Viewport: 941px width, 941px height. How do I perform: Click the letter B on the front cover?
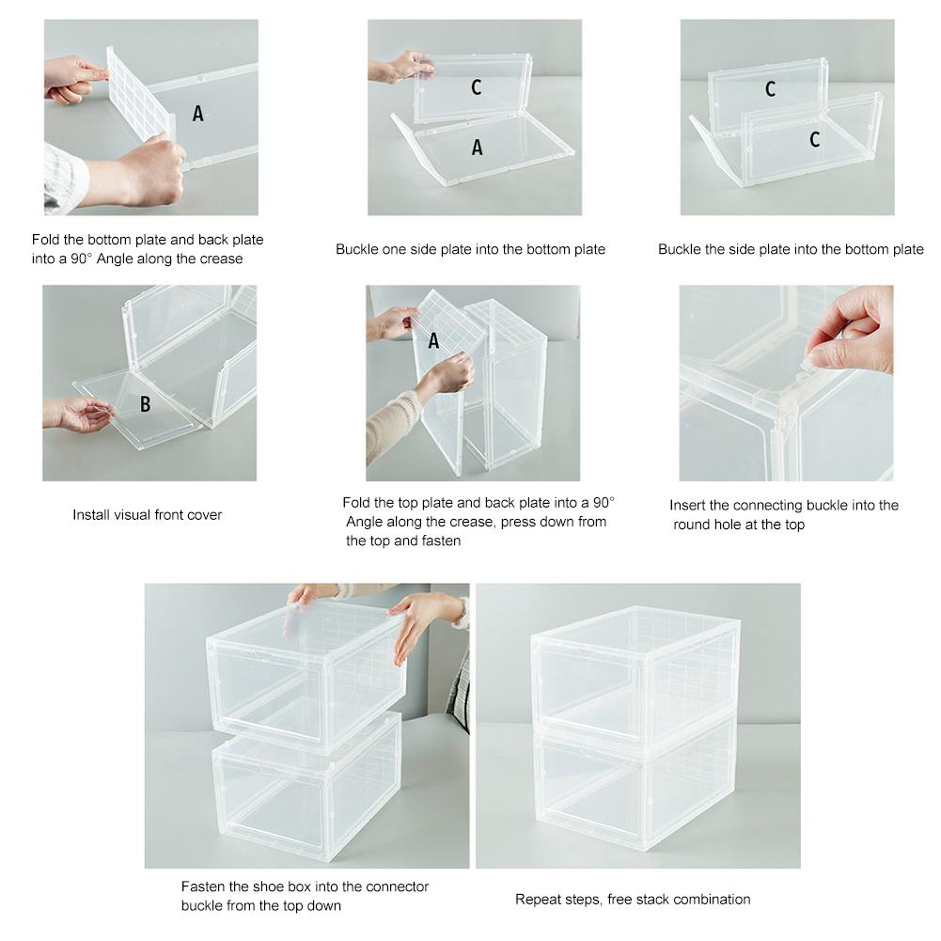[145, 404]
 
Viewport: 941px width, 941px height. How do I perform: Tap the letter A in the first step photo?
[197, 114]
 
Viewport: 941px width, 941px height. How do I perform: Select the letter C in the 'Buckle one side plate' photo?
[477, 87]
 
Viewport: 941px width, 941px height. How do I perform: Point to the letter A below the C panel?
[477, 148]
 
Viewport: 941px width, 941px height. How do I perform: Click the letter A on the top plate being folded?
[433, 341]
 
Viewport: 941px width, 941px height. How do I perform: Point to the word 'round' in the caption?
[692, 525]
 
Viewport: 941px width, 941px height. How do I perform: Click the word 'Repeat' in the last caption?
[537, 900]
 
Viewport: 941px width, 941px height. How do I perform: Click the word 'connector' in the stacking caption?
[397, 886]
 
